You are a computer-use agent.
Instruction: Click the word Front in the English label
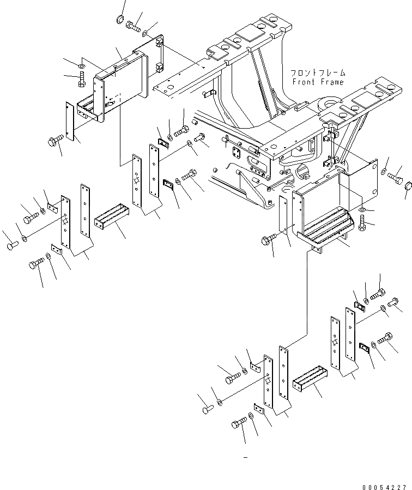pyautogui.click(x=304, y=82)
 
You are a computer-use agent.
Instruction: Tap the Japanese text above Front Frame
pyautogui.click(x=318, y=72)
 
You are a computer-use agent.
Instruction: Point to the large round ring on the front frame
pyautogui.click(x=327, y=104)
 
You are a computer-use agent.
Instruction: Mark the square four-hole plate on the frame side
pyautogui.click(x=239, y=154)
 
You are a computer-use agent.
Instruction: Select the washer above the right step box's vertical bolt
pyautogui.click(x=363, y=209)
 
